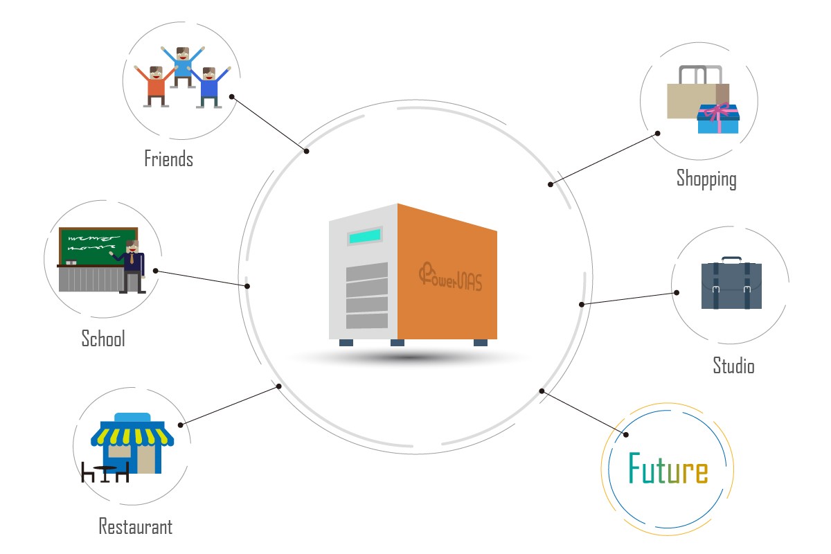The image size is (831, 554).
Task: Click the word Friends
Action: [168, 159]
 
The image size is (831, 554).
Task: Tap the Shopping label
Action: [706, 179]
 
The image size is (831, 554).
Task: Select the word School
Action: [103, 339]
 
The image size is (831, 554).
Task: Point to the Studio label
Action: [733, 365]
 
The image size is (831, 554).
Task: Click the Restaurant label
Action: [135, 526]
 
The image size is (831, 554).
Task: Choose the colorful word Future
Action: [668, 469]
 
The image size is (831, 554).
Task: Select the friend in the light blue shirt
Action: [182, 66]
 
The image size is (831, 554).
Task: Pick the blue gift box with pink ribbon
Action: [718, 119]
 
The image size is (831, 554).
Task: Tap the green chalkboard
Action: [97, 245]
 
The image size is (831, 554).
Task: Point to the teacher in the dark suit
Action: [132, 267]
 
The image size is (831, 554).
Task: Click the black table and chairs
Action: [105, 472]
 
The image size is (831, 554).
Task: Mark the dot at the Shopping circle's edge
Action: [658, 133]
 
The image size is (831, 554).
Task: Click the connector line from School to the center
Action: [201, 278]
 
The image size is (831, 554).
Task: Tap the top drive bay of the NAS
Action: [366, 272]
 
